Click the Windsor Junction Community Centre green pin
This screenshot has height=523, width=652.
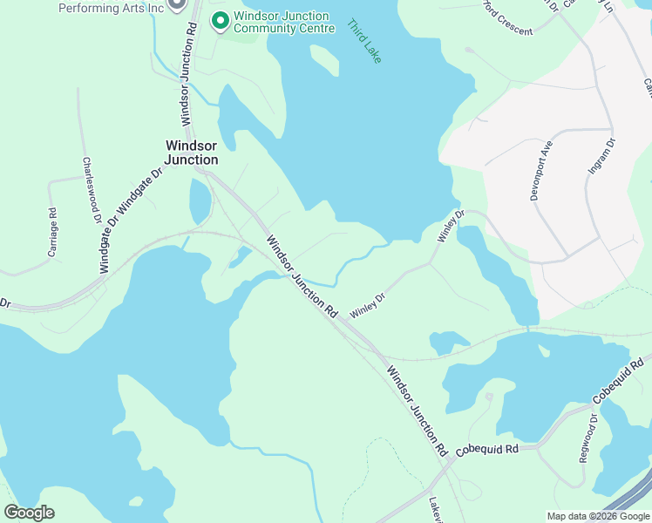pos(220,19)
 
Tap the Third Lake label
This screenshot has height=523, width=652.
pos(364,40)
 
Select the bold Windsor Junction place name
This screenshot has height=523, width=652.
pos(192,153)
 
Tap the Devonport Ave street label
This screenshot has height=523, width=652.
pos(541,170)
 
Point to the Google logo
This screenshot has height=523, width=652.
pos(29,513)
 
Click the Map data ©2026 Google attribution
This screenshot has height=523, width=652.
pos(598,516)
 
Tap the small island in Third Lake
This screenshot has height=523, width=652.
pos(323,60)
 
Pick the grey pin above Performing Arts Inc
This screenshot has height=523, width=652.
pos(176,3)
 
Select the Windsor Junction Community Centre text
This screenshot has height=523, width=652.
pos(283,23)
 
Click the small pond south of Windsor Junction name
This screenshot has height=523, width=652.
pos(200,200)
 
